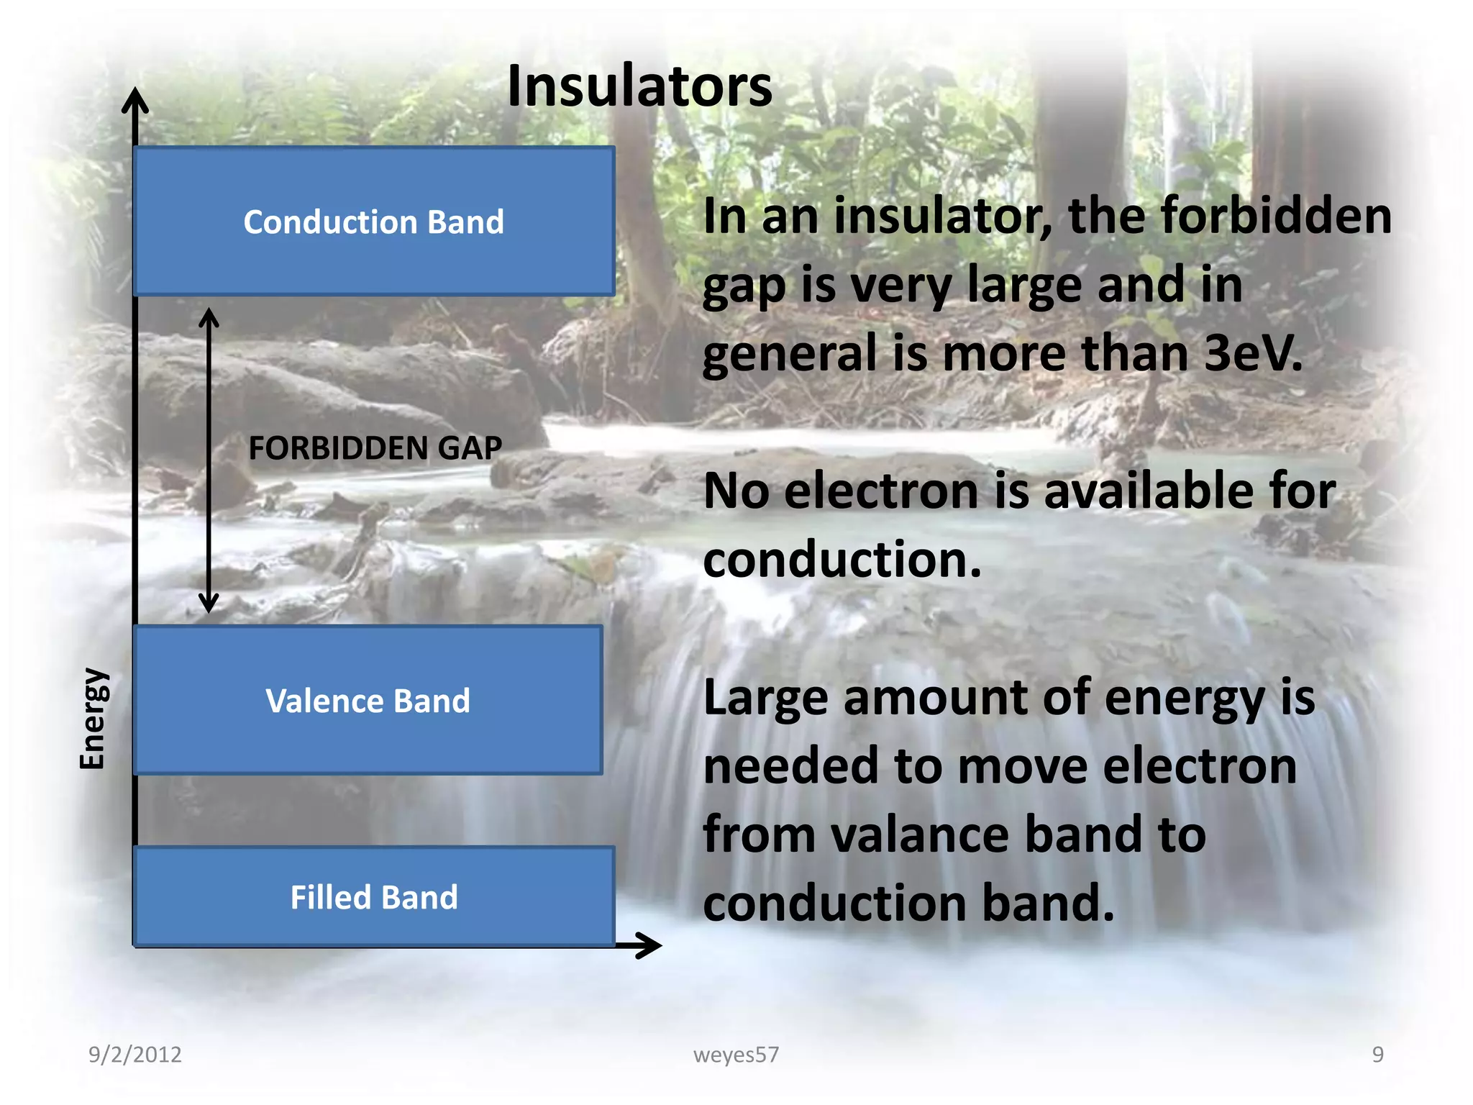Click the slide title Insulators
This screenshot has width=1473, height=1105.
(639, 87)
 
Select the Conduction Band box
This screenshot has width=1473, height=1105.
(374, 222)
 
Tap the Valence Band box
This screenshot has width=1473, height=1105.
(368, 700)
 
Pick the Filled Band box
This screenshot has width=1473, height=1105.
(374, 897)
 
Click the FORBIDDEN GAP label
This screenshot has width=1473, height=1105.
(375, 448)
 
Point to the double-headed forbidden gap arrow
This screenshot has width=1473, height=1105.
(209, 460)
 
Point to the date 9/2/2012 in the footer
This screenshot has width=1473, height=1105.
(135, 1055)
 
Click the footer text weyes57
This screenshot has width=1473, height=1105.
(736, 1055)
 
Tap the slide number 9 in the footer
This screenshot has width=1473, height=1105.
(1377, 1055)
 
